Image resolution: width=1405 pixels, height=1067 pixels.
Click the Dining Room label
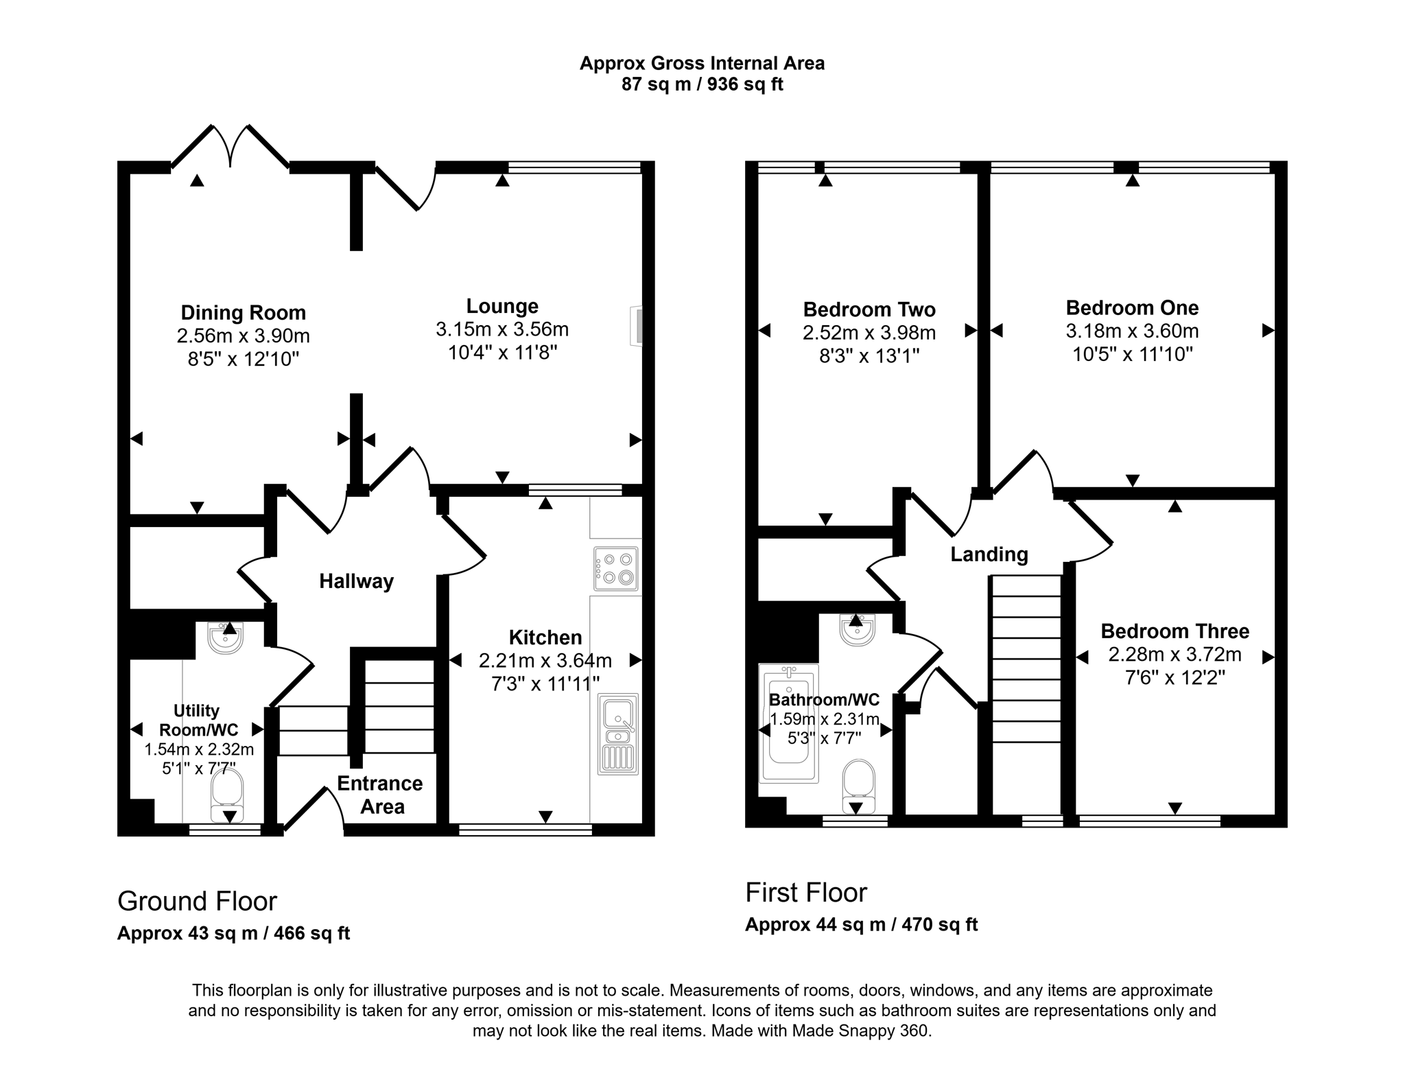tap(243, 313)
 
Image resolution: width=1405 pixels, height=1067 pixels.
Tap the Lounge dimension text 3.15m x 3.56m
tap(502, 329)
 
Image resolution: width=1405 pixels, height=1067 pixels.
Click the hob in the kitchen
tap(616, 569)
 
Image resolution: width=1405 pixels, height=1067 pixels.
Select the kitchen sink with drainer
tap(618, 734)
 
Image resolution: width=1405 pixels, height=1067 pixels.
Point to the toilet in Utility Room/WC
tap(227, 795)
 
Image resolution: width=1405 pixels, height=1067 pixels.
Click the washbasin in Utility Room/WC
tap(225, 638)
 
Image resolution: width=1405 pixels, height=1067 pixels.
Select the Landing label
tap(989, 554)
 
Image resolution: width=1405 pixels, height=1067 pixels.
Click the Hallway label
tap(356, 582)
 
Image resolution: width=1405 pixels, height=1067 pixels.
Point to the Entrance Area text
tap(380, 795)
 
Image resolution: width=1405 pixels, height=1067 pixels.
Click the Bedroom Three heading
tap(1174, 631)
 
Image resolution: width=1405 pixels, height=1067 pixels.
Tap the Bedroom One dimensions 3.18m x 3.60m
tap(1132, 331)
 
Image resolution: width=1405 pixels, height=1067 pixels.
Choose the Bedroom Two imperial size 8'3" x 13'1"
tap(869, 355)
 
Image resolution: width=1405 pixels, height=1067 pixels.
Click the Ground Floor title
tap(197, 901)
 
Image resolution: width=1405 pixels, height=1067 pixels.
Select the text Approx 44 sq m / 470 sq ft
tap(861, 924)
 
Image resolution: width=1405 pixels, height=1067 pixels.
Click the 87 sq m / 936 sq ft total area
tap(702, 84)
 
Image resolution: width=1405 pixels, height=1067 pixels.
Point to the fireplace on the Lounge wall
tap(637, 326)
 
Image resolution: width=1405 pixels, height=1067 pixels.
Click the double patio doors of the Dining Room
tap(230, 148)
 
